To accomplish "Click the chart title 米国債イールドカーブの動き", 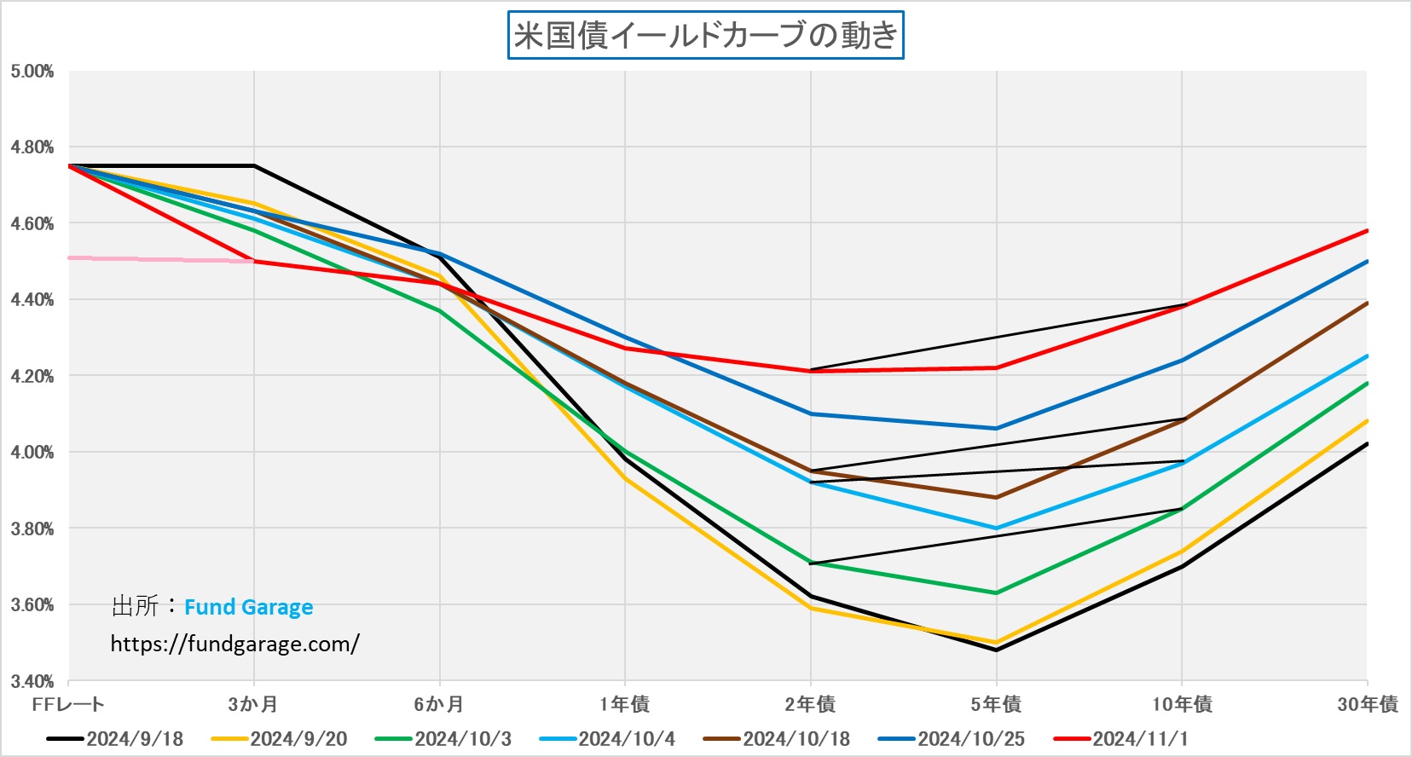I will tap(705, 35).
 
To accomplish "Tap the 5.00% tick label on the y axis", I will tap(32, 72).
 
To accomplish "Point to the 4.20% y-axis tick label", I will tap(32, 376).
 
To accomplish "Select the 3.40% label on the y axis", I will tap(32, 681).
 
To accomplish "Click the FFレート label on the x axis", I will tap(68, 704).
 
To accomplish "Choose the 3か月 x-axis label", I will tap(253, 704).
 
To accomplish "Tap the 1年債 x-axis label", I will tap(624, 704).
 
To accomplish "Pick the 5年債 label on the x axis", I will tap(996, 704).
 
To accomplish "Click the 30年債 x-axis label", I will tap(1367, 704).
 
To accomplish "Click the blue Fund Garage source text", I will tap(248, 607).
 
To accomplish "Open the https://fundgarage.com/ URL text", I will tap(234, 644).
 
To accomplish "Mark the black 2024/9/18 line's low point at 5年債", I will tap(996, 650).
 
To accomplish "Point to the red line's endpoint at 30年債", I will tap(1366, 231).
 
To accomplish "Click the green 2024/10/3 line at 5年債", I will tap(996, 592).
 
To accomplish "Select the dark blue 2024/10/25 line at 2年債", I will tap(811, 414).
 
